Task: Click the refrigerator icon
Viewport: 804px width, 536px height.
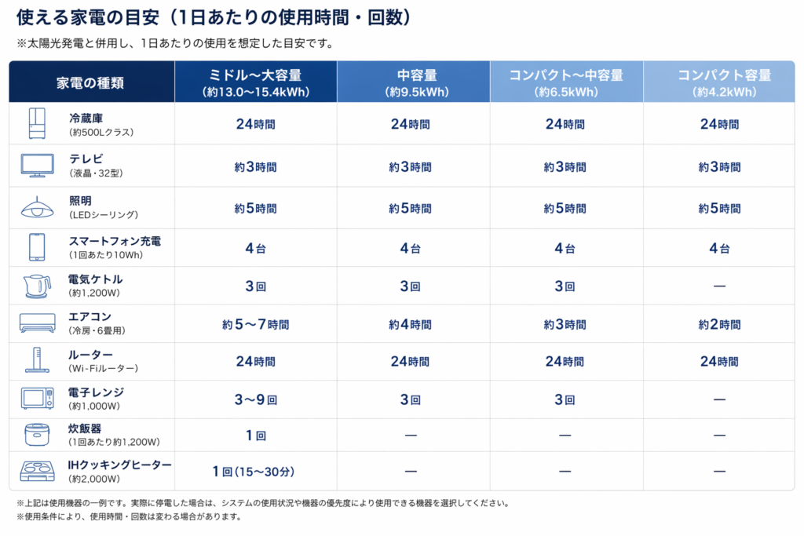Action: click(37, 124)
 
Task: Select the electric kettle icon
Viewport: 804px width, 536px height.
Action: click(37, 286)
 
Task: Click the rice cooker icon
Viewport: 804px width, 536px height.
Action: click(37, 434)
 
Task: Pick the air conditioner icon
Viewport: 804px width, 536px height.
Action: click(37, 323)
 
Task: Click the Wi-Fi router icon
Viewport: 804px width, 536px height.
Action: click(37, 361)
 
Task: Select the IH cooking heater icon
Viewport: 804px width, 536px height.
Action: click(37, 471)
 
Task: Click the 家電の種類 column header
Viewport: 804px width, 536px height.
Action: click(91, 82)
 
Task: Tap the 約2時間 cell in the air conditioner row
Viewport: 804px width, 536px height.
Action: click(719, 324)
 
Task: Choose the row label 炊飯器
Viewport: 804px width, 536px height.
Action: click(85, 428)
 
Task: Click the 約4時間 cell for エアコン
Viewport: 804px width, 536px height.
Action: click(410, 324)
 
